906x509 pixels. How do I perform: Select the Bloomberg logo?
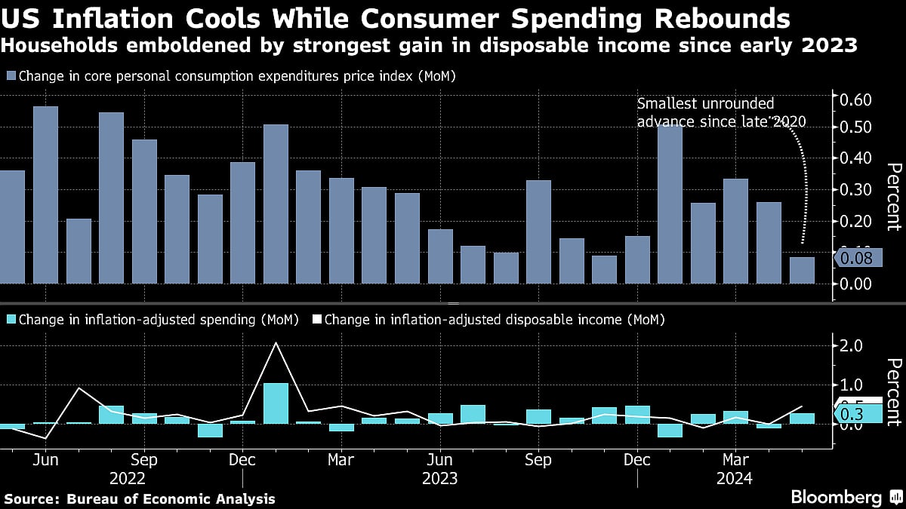tap(836, 498)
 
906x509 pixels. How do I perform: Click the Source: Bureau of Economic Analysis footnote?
tap(140, 498)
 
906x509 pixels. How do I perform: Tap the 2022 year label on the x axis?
tap(128, 478)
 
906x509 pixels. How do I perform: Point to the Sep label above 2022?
tap(143, 459)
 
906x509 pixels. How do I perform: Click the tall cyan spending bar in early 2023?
tap(276, 403)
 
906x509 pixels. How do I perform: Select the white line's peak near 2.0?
tap(276, 343)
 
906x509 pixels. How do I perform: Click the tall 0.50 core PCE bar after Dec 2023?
tap(670, 204)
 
